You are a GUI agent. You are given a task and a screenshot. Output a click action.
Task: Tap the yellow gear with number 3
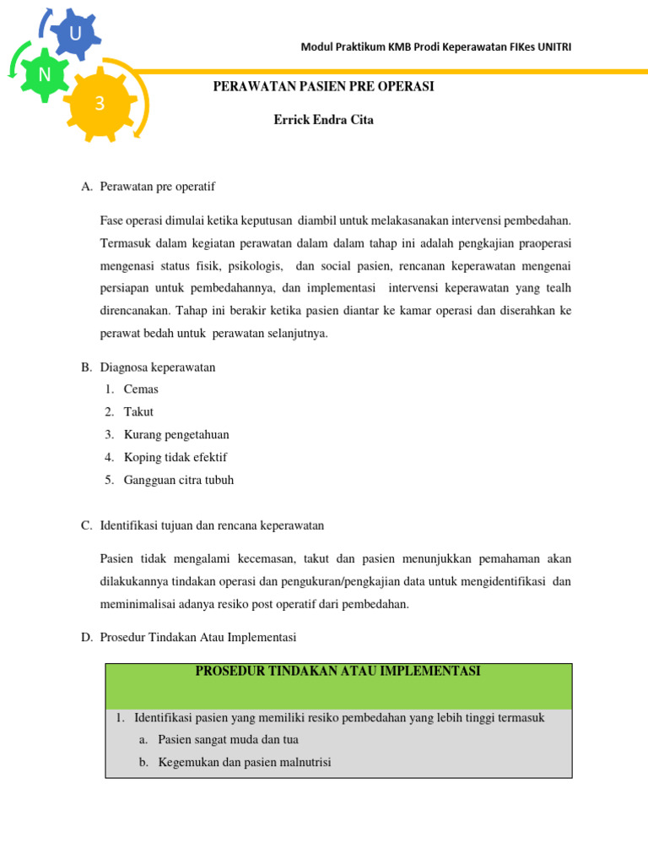coord(100,103)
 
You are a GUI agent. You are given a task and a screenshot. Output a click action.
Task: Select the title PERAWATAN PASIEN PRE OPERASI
coord(323,87)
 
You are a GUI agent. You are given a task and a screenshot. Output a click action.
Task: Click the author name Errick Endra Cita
coord(323,120)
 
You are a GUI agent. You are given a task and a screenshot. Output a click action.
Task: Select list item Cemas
coord(141,389)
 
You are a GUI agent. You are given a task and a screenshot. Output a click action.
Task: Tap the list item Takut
coord(138,412)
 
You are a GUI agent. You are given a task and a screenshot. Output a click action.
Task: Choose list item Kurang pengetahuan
coord(176,435)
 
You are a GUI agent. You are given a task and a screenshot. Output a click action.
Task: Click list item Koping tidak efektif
coord(175,458)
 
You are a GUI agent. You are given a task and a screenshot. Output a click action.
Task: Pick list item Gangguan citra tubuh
coord(179,481)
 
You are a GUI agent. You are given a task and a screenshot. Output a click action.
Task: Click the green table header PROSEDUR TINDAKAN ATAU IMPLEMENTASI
coord(338,672)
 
